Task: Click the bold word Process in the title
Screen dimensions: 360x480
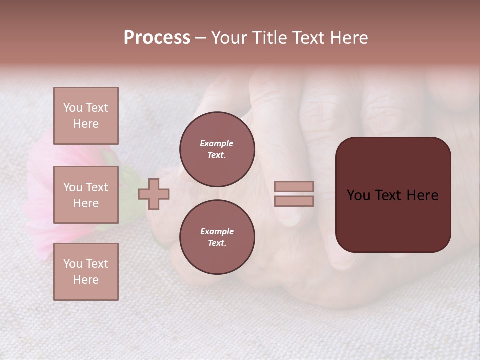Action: tap(157, 38)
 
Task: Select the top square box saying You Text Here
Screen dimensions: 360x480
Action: tap(86, 116)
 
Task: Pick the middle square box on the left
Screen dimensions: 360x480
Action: tap(86, 195)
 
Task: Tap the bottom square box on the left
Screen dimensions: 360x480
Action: tap(86, 272)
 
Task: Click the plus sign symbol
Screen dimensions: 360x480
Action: tap(154, 194)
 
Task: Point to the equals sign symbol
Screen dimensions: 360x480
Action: tap(294, 194)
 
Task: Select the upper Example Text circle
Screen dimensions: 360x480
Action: tap(217, 149)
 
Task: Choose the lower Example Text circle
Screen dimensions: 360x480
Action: tap(217, 237)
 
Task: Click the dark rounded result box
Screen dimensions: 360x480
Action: tap(393, 195)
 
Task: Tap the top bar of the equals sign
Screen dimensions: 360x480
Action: tap(294, 187)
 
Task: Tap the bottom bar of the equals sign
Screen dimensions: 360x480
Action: tap(294, 201)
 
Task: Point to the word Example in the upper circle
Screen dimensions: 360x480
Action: tap(217, 144)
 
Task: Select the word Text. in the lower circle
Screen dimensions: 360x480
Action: tap(217, 243)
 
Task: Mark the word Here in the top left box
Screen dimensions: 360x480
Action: tap(86, 124)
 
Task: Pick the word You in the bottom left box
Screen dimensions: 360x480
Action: tap(72, 264)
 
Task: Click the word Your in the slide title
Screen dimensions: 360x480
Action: tap(230, 38)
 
